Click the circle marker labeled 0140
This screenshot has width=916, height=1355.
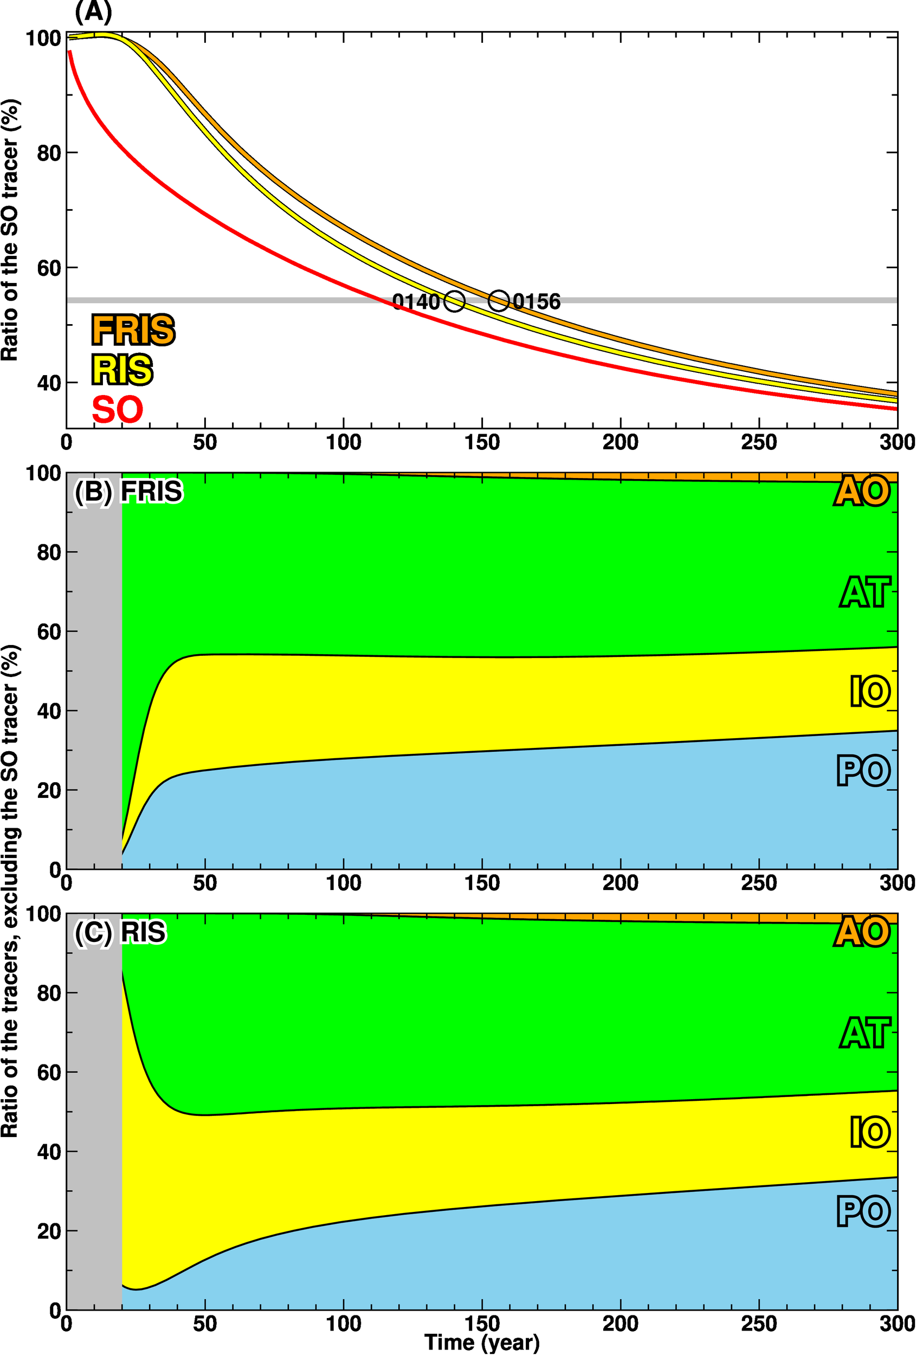point(454,301)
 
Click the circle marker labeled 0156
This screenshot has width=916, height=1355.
point(499,301)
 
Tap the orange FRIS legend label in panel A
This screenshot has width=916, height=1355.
point(133,330)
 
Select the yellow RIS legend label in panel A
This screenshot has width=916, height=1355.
point(122,370)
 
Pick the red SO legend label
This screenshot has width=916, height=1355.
point(117,409)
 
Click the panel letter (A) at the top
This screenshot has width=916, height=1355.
point(93,12)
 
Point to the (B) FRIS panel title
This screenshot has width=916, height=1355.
point(128,492)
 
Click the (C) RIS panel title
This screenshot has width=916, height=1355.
point(120,932)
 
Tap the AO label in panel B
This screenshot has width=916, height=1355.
point(862,492)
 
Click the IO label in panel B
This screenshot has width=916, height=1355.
point(869,692)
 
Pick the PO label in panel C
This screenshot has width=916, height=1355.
point(863,1211)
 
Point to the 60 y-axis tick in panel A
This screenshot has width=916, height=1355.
point(49,268)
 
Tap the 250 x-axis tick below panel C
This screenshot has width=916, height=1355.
point(759,1324)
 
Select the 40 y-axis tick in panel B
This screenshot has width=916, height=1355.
point(49,711)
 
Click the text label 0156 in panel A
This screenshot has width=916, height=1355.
point(537,302)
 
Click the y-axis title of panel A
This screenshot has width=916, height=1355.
point(10,230)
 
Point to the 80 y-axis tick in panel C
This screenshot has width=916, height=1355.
point(49,992)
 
